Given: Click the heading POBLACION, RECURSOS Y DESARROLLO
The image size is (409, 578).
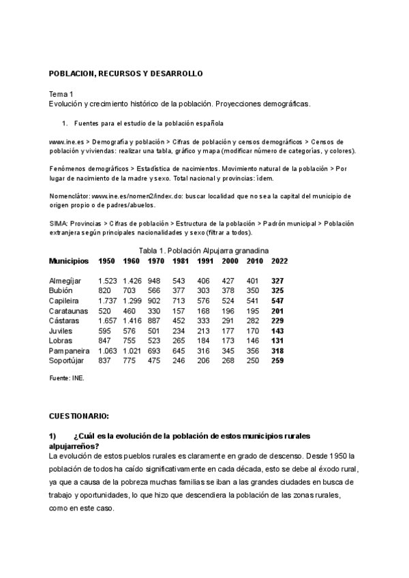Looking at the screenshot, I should point(125,73).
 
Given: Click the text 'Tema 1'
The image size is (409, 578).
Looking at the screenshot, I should point(61,94).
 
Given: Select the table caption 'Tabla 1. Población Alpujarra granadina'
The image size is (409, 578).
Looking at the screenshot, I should point(204,250).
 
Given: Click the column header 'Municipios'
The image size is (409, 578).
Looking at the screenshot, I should point(69,261).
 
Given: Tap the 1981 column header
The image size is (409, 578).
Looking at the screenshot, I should point(181,261).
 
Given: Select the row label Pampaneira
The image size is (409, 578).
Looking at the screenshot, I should point(70,351).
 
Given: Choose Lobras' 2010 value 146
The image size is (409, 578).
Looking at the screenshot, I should point(253,341).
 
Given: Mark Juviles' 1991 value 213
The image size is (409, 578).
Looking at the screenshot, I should point(204,331).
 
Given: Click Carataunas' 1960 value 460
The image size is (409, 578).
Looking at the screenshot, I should point(130,311).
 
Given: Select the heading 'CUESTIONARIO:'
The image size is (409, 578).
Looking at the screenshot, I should point(79,415).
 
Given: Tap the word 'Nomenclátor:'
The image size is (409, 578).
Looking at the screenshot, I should point(70,196).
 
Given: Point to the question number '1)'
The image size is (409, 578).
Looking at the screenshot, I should point(52,436).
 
